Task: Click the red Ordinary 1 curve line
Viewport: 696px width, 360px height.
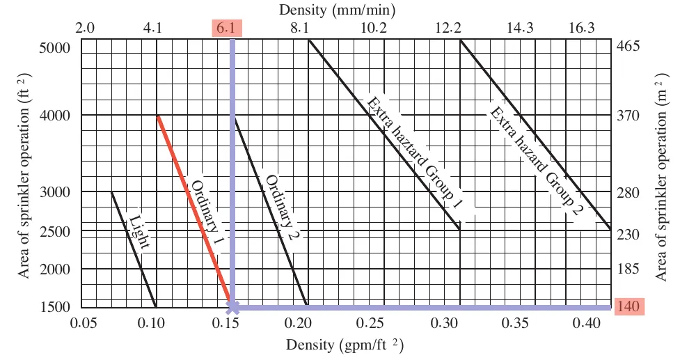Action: [x=194, y=209]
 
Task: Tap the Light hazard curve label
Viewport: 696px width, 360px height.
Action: [x=139, y=231]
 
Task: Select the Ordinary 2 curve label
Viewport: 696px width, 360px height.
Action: [x=280, y=208]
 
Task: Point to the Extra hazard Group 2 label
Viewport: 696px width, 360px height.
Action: [x=535, y=161]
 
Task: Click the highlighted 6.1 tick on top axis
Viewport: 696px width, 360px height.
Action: [x=226, y=28]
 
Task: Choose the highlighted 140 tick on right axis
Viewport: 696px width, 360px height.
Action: [x=629, y=306]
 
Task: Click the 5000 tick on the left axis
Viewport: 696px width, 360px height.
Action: [x=54, y=48]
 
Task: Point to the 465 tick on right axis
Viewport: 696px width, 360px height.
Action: [x=628, y=46]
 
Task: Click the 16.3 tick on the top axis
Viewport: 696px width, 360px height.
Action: [x=581, y=28]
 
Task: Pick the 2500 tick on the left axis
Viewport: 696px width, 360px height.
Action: [x=54, y=232]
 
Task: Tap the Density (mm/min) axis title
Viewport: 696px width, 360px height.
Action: [x=337, y=10]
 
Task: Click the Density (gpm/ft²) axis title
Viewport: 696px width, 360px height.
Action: [x=345, y=345]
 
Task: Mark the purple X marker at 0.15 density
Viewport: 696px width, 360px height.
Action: [x=232, y=306]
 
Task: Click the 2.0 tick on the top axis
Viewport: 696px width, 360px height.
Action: [x=85, y=28]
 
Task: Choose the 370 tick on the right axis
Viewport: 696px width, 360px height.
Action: [x=628, y=116]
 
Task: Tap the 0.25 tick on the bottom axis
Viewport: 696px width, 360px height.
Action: [x=372, y=322]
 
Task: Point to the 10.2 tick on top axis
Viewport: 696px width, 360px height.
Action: [x=373, y=28]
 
